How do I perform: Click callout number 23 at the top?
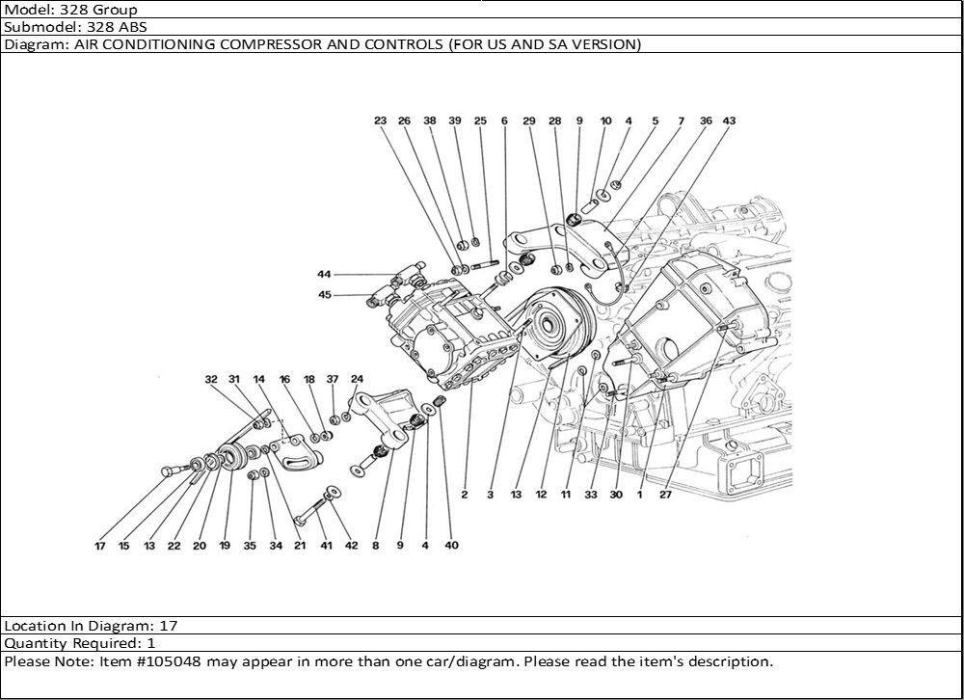click(x=380, y=121)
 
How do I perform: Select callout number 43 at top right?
click(x=730, y=121)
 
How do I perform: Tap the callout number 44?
click(x=324, y=275)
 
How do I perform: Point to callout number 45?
click(x=324, y=295)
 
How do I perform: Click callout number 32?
click(x=211, y=380)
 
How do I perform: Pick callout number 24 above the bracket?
click(x=357, y=380)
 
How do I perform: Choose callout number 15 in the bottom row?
click(x=123, y=546)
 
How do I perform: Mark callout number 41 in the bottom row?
click(x=327, y=546)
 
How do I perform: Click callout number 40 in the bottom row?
click(x=451, y=546)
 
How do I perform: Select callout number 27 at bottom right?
click(x=665, y=495)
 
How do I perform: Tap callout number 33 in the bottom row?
click(x=590, y=495)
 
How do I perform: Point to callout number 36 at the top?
click(x=706, y=121)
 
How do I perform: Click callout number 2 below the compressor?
click(x=464, y=495)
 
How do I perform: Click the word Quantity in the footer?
click(x=35, y=642)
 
